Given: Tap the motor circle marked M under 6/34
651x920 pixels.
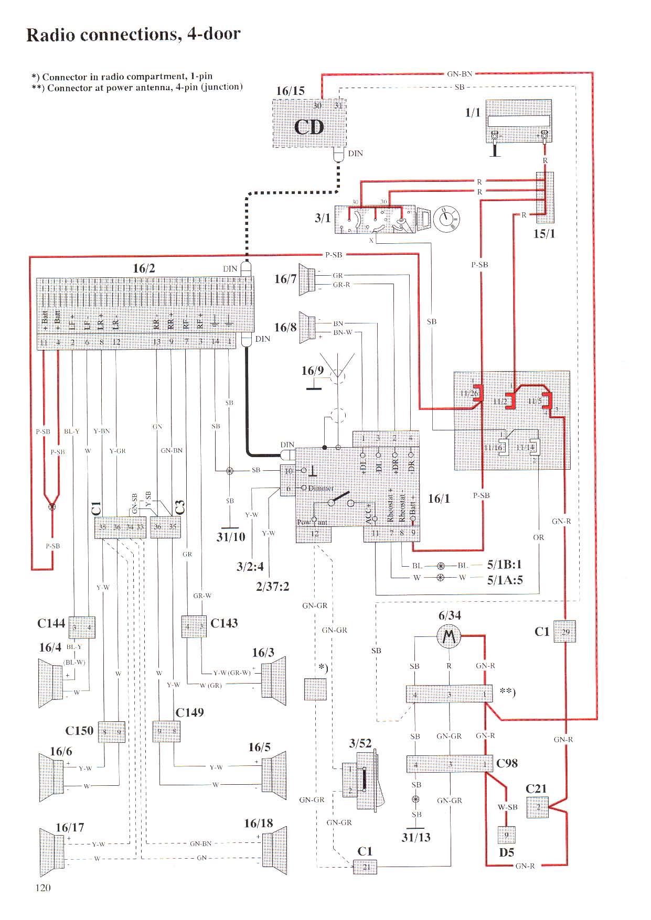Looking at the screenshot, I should pyautogui.click(x=449, y=637).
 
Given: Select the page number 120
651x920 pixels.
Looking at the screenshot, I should pyautogui.click(x=43, y=887).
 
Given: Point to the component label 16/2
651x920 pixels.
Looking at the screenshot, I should pyautogui.click(x=144, y=268).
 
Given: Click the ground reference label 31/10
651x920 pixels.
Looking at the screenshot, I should pyautogui.click(x=231, y=537).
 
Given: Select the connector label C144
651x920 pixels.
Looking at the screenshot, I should pyautogui.click(x=51, y=623).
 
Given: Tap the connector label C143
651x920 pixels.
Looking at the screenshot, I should pyautogui.click(x=224, y=623).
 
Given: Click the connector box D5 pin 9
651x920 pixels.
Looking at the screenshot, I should pyautogui.click(x=506, y=835).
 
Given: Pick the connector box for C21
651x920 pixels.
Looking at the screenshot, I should pyautogui.click(x=538, y=807).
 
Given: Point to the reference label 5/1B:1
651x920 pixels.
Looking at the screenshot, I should pyautogui.click(x=505, y=565).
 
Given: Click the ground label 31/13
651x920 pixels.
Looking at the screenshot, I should pyautogui.click(x=416, y=837).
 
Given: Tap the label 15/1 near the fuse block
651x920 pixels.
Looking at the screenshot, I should pyautogui.click(x=544, y=234).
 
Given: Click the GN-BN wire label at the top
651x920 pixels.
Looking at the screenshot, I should pyautogui.click(x=460, y=74).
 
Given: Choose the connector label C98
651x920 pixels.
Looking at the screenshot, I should pyautogui.click(x=507, y=763).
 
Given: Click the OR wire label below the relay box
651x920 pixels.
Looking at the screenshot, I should pyautogui.click(x=538, y=537).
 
